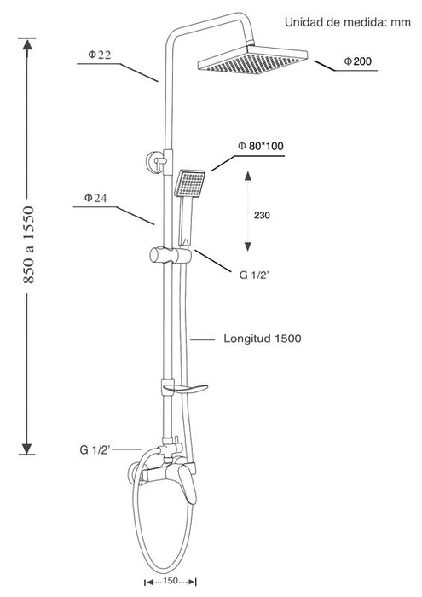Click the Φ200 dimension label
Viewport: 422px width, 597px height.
pos(358,61)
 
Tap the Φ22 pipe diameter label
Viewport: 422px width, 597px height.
pos(99,55)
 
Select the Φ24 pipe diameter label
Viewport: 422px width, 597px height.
pos(95,198)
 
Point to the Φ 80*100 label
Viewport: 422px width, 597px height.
pos(261,146)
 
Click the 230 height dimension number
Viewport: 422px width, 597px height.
pos(262,216)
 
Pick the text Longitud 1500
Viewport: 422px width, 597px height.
pos(263,339)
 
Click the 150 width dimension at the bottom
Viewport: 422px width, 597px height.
pos(171,581)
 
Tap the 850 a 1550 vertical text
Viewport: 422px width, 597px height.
pos(29,245)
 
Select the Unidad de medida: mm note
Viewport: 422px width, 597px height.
pos(348,22)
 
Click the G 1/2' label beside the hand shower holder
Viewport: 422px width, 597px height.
pos(254,275)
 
